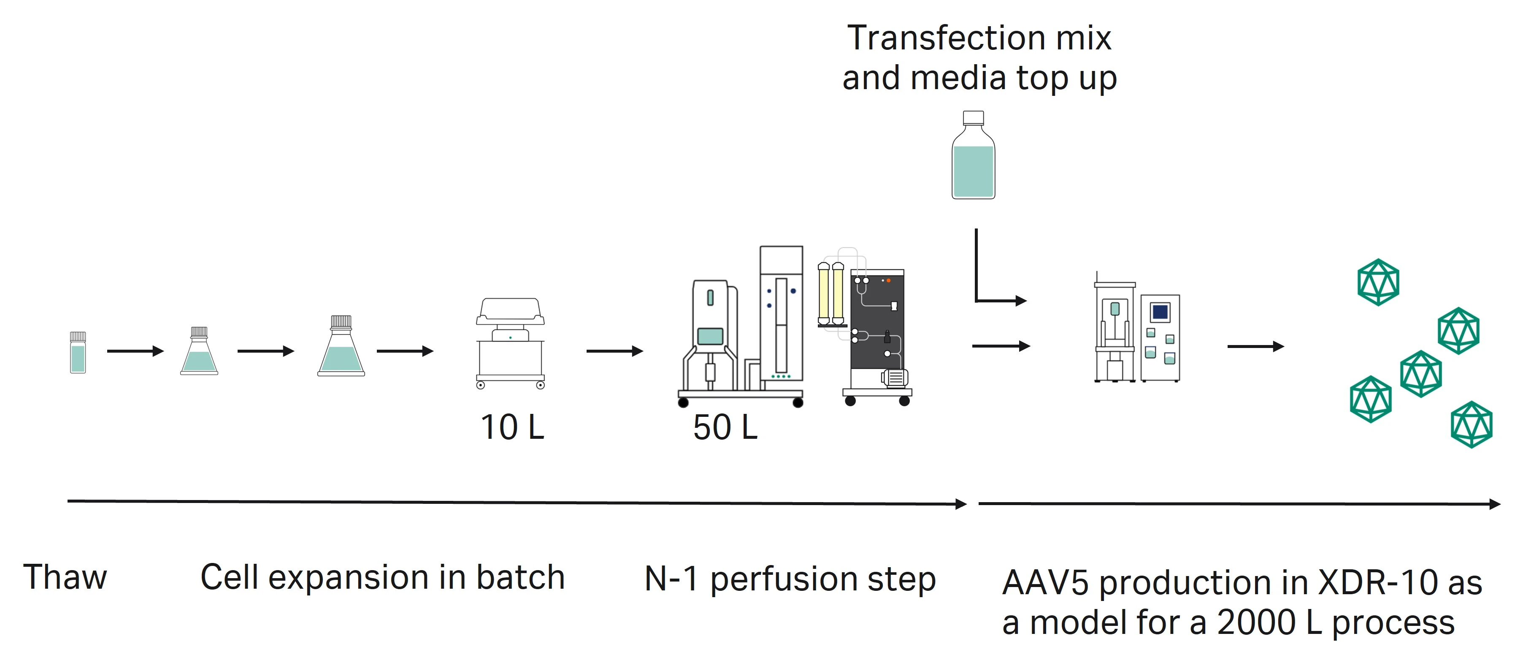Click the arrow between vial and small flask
click(x=135, y=351)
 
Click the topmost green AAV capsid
click(x=1378, y=283)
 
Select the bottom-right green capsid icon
click(x=1472, y=425)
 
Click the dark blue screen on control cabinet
click(x=1160, y=311)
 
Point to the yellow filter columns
click(x=831, y=294)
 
